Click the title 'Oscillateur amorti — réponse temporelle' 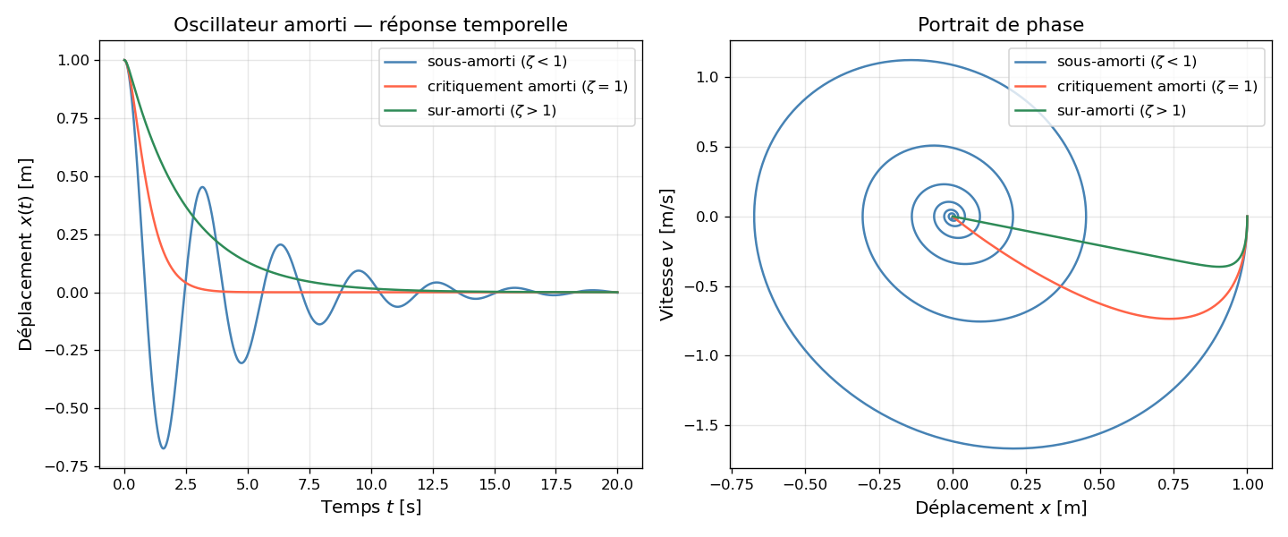370,25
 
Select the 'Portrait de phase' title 1001,25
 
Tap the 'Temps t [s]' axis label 370,507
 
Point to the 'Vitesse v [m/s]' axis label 667,254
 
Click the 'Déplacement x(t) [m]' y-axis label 25,254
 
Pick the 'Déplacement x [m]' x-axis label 1001,507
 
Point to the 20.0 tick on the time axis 617,484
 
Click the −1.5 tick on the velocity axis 703,426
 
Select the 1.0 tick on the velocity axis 708,78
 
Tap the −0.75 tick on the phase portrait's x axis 732,484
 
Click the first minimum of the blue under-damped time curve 163,448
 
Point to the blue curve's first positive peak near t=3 203,187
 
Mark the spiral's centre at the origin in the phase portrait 953,217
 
